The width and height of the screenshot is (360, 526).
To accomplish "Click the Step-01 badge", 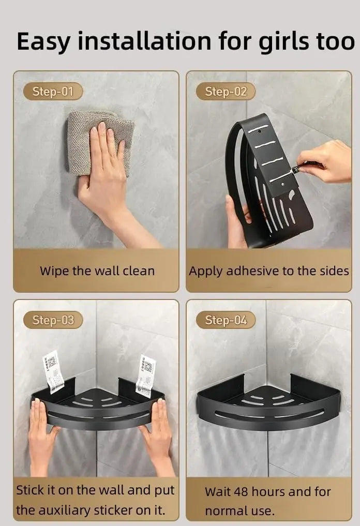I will point(53,92).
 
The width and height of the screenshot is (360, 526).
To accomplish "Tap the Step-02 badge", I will point(226,92).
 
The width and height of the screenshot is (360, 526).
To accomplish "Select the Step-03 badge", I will point(53,320).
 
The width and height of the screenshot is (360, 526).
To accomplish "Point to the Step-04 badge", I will point(226,320).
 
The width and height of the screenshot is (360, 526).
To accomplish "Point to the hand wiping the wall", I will point(101,171).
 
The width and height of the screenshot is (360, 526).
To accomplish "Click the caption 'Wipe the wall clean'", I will point(97,270).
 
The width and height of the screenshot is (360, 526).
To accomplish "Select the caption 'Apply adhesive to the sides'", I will point(268,270).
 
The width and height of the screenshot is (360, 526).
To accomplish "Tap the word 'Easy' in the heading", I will point(43,41).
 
